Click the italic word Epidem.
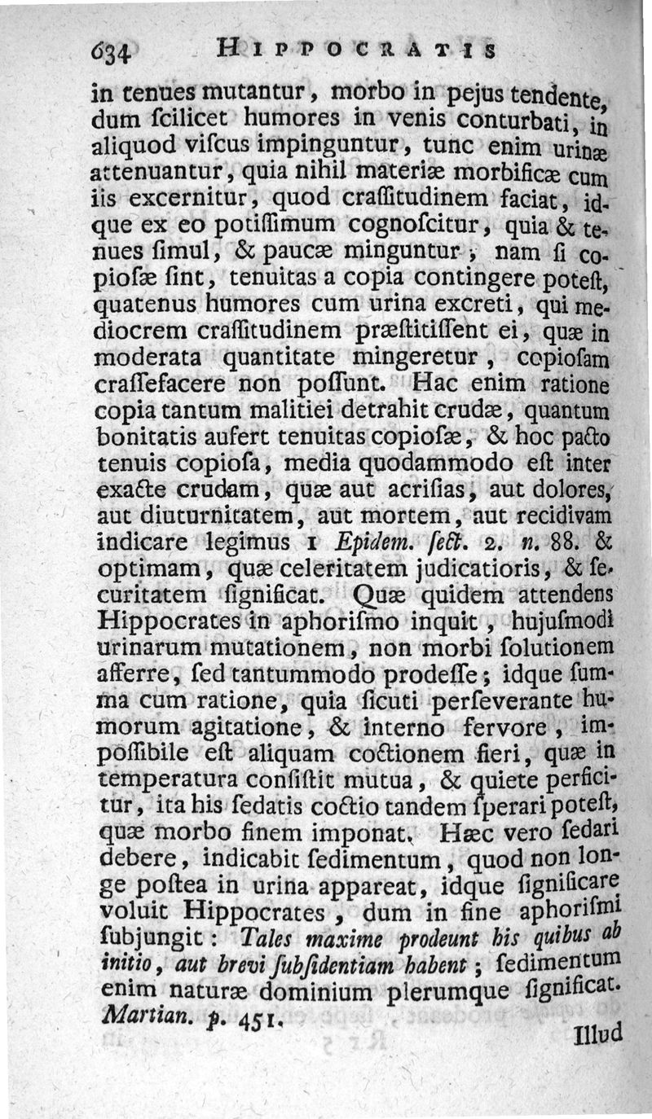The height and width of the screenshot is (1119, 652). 368,542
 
